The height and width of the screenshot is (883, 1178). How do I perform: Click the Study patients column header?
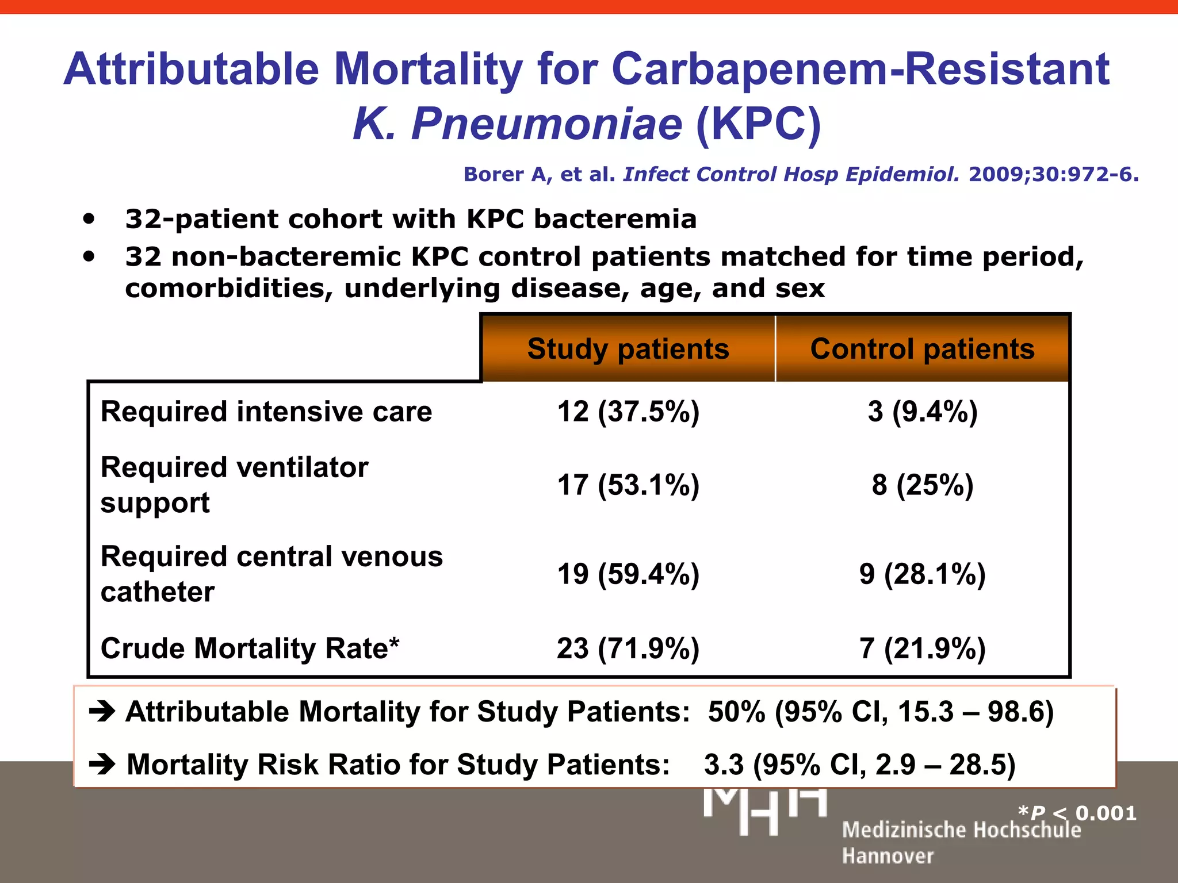628,349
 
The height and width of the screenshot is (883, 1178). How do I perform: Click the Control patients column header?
922,349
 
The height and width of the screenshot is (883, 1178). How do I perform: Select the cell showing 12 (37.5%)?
628,412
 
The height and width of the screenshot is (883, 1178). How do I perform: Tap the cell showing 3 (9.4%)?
923,412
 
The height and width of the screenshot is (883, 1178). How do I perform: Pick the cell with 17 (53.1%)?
628,485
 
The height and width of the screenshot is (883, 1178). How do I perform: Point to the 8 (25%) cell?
923,485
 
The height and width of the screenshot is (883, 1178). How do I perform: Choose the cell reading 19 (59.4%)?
628,574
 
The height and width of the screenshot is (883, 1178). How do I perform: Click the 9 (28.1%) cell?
923,574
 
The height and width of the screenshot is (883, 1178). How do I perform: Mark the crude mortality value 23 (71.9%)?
628,648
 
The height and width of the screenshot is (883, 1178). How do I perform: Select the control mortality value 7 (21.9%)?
923,648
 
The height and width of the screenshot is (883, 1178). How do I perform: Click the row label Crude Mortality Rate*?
250,648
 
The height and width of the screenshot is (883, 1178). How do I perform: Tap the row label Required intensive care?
266,412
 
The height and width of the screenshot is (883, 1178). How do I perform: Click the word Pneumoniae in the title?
546,124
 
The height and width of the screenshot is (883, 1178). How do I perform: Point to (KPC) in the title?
758,124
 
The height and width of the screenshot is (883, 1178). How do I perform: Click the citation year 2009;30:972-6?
1053,174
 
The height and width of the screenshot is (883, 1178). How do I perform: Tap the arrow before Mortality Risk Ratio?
102,765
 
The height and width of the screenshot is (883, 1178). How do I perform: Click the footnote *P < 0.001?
1077,813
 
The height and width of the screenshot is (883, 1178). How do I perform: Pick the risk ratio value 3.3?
724,765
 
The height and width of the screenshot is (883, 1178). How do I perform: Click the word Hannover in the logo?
888,856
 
